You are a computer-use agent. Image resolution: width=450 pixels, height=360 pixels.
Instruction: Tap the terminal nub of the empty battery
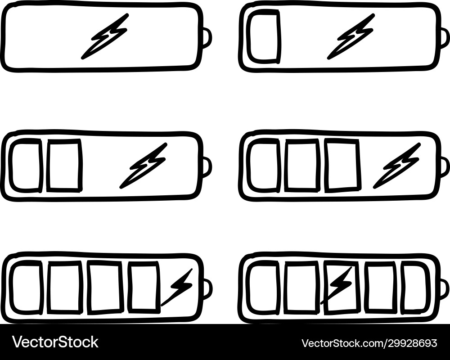point(207,38)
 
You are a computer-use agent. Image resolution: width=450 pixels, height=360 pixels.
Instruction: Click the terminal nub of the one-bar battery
point(444,38)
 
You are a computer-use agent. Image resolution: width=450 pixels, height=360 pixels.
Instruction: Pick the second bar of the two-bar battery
point(64,165)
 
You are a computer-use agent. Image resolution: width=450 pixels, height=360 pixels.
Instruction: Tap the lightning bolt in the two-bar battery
point(144,166)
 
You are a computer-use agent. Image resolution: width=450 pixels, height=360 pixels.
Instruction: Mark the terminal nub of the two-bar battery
point(207,166)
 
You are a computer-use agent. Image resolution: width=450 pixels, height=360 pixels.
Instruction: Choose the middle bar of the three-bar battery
point(301,165)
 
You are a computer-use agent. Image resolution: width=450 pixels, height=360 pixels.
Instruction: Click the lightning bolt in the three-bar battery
point(397,166)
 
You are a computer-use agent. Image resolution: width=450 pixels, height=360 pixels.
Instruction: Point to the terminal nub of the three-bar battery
point(444,166)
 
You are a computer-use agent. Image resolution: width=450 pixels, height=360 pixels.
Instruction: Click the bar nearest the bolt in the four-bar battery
point(144,287)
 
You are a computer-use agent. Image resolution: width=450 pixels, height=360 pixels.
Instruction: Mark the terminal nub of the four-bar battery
point(207,288)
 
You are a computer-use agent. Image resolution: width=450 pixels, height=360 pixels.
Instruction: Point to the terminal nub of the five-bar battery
point(444,288)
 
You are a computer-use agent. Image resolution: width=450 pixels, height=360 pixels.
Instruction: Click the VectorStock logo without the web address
point(55,342)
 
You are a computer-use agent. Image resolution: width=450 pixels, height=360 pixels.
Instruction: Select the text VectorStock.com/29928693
point(369,343)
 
